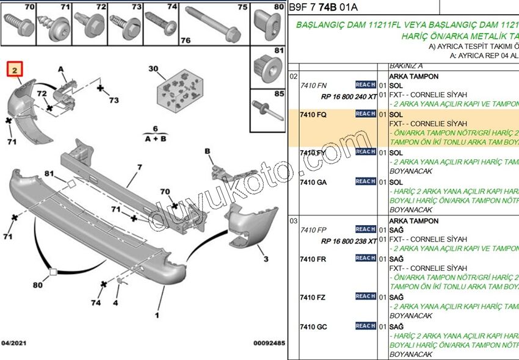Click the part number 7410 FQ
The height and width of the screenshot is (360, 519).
pyautogui.click(x=313, y=114)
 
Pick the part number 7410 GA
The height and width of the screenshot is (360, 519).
pyautogui.click(x=313, y=182)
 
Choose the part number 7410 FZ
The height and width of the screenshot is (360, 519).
pyautogui.click(x=313, y=297)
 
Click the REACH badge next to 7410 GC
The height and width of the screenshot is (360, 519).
pyautogui.click(x=365, y=326)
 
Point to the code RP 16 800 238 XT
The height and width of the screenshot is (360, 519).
pyautogui.click(x=349, y=240)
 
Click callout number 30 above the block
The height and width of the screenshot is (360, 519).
pyautogui.click(x=153, y=69)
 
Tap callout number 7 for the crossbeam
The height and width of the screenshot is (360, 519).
pyautogui.click(x=139, y=167)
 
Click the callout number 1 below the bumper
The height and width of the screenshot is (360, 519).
pyautogui.click(x=156, y=315)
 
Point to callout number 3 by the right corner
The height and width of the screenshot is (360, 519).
pyautogui.click(x=266, y=259)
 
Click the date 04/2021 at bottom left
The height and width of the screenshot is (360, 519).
pyautogui.click(x=14, y=343)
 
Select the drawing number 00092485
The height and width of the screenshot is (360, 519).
pyautogui.click(x=269, y=343)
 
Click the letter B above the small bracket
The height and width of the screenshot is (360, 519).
pyautogui.click(x=208, y=151)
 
